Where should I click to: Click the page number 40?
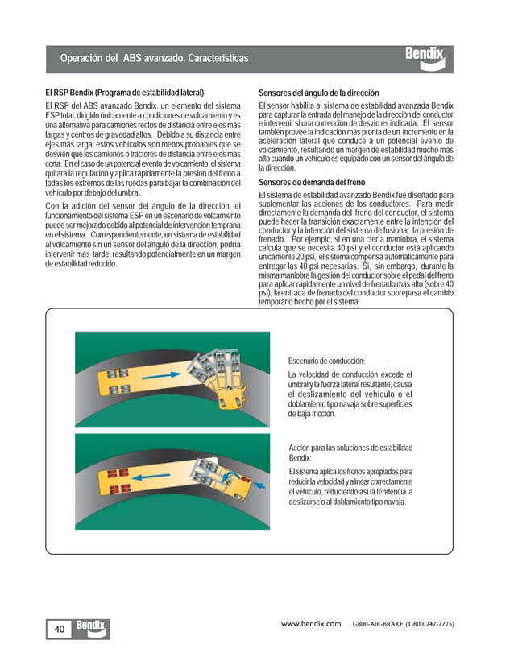click(60, 629)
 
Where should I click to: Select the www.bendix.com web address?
click(310, 624)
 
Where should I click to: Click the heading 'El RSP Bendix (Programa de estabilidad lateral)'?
click(124, 93)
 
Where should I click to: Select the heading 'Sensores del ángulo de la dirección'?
click(318, 93)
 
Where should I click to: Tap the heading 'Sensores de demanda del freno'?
click(311, 183)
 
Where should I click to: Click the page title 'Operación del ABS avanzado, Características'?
click(154, 59)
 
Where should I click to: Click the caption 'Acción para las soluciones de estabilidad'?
click(350, 447)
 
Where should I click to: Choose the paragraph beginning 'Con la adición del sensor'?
click(143, 235)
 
